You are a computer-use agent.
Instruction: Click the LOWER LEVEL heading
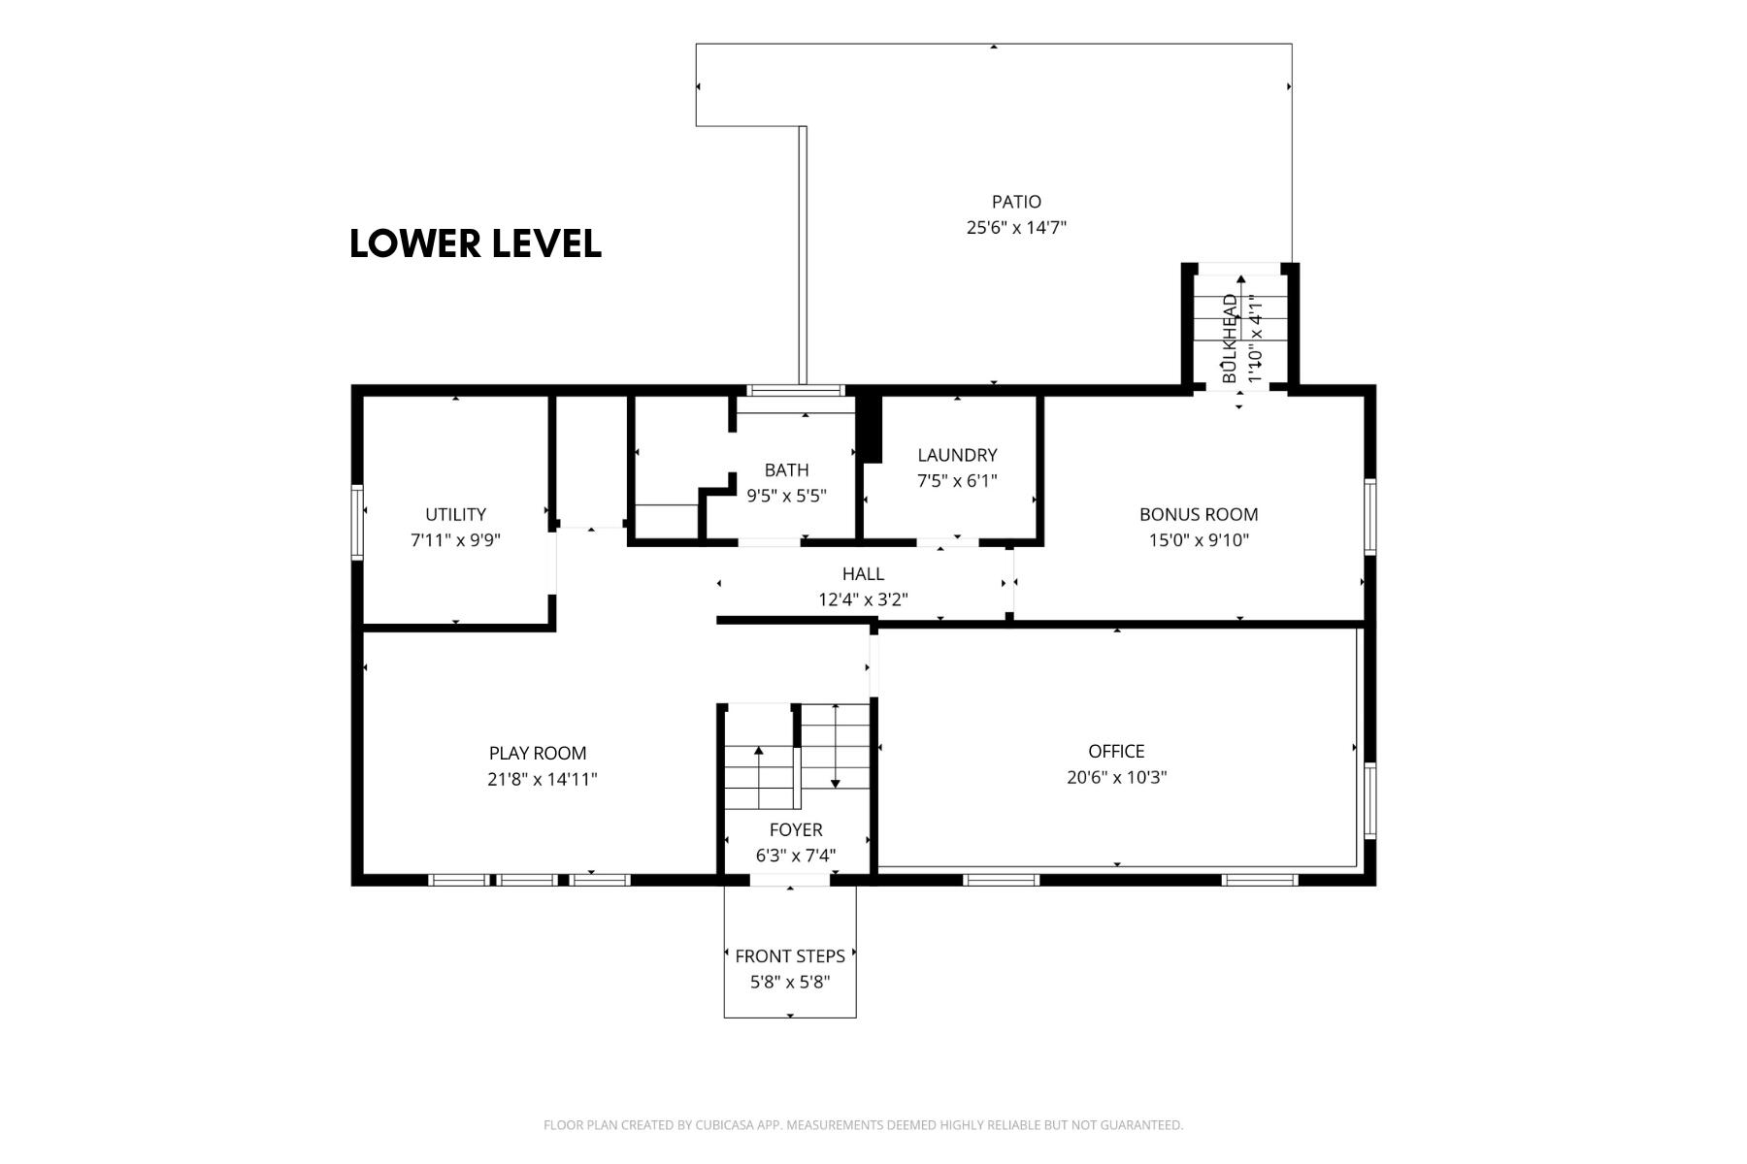pyautogui.click(x=476, y=243)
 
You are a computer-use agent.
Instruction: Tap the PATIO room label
pyautogui.click(x=1016, y=202)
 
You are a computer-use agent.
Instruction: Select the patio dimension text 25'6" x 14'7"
pyautogui.click(x=1016, y=228)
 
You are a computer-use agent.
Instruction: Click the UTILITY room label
pyautogui.click(x=455, y=514)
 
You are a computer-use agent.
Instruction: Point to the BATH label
pyautogui.click(x=786, y=470)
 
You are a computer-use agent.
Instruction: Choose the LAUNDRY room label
pyautogui.click(x=957, y=455)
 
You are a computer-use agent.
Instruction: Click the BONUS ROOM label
pyautogui.click(x=1199, y=514)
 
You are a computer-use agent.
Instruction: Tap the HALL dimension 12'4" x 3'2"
pyautogui.click(x=863, y=599)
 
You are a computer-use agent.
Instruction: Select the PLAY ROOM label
pyautogui.click(x=538, y=753)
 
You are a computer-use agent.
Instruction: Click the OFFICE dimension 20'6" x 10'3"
pyautogui.click(x=1116, y=777)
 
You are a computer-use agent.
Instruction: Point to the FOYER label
pyautogui.click(x=796, y=829)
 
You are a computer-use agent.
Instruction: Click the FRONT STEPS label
pyautogui.click(x=790, y=955)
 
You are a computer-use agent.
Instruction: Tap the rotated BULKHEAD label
pyautogui.click(x=1230, y=338)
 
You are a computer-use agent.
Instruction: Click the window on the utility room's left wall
pyautogui.click(x=357, y=522)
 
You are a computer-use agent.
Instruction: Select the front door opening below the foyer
pyautogui.click(x=790, y=880)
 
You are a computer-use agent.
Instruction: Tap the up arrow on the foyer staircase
pyautogui.click(x=759, y=778)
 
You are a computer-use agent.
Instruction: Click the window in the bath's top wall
pyautogui.click(x=796, y=391)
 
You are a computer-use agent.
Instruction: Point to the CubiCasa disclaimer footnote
pyautogui.click(x=863, y=1125)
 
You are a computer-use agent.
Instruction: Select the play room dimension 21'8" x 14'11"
pyautogui.click(x=543, y=779)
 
